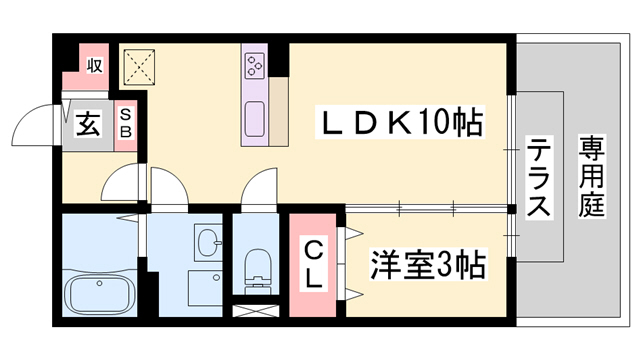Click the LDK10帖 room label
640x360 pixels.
[400, 124]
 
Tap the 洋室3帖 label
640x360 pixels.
[427, 265]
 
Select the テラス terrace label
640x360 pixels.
[537, 180]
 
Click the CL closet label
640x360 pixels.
[314, 262]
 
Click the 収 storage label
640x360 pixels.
[94, 66]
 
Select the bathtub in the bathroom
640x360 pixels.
[98, 294]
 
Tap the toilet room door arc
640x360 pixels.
[258, 190]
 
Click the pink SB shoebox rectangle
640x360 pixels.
[127, 124]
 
